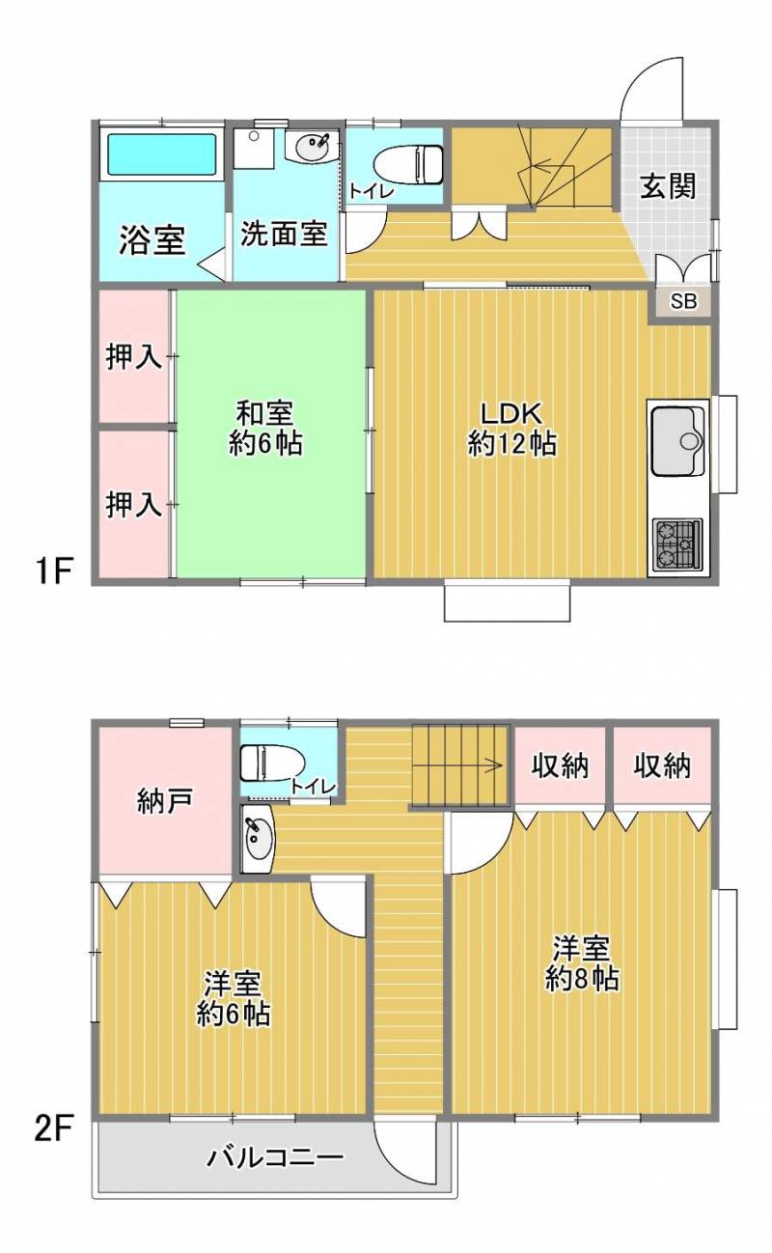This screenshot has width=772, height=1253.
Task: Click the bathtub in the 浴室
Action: click(x=161, y=155)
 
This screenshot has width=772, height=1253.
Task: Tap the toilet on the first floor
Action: click(x=407, y=163)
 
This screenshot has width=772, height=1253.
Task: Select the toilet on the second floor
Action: click(x=272, y=765)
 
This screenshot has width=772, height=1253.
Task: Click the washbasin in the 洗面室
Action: click(x=311, y=147)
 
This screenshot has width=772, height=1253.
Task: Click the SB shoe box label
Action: click(x=683, y=302)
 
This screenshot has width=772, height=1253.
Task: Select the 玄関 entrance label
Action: click(x=668, y=185)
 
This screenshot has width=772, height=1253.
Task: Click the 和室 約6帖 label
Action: click(x=265, y=428)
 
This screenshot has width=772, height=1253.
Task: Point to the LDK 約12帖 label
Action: click(x=512, y=428)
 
